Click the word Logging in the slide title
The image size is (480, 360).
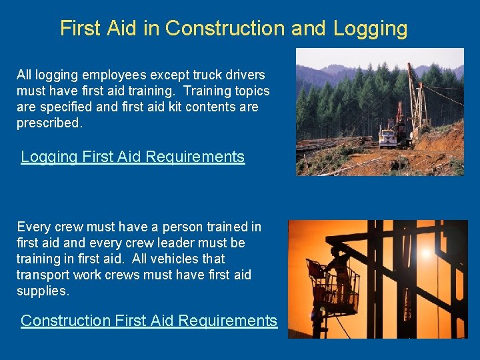pyautogui.click(x=370, y=29)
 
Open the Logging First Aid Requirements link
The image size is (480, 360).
pyautogui.click(x=133, y=157)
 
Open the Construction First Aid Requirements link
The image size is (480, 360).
pyautogui.click(x=149, y=321)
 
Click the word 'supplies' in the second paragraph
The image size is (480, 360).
pyautogui.click(x=42, y=291)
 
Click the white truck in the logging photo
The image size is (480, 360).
pyautogui.click(x=387, y=137)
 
